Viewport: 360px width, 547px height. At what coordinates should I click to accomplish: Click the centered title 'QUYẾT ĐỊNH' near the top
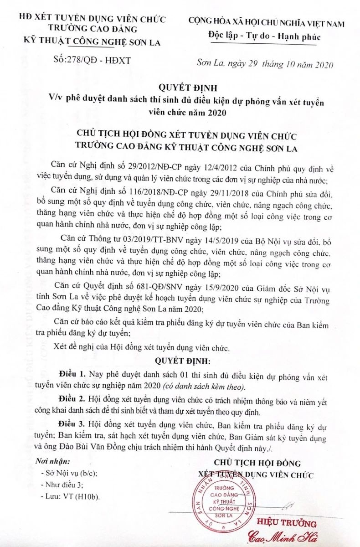[181, 88]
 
